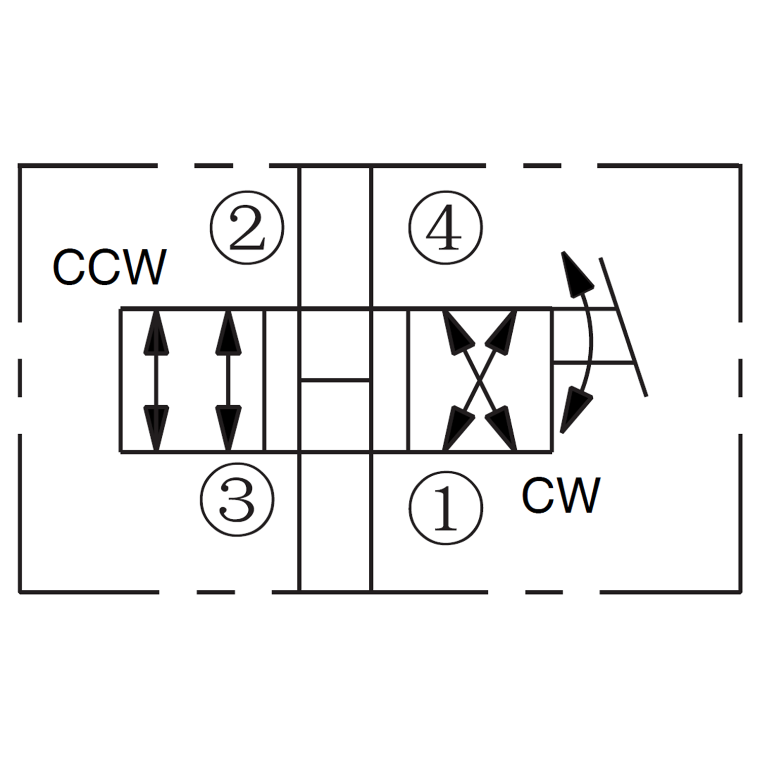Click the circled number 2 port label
point(247,228)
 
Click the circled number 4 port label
point(445,228)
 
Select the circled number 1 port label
point(445,508)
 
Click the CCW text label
point(109,267)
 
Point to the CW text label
point(561,496)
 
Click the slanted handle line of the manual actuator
point(623,327)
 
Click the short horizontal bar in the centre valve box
point(335,379)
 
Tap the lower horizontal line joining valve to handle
point(593,362)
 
